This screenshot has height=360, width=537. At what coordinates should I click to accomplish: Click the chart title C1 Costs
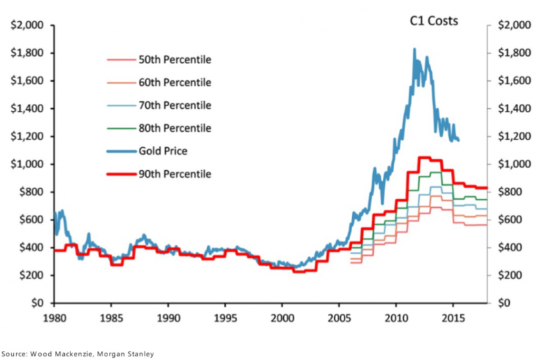433,21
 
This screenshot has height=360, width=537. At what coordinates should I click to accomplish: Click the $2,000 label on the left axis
27,26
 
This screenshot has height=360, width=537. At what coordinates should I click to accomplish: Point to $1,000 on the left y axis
27,165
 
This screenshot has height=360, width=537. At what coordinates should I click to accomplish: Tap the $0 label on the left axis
38,303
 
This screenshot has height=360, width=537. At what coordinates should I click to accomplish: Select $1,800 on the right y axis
514,54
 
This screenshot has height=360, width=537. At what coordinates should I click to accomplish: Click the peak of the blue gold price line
414,50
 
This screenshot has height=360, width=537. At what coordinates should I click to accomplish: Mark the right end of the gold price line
458,140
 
